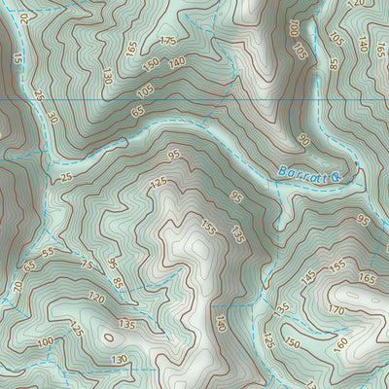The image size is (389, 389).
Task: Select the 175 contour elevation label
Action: tap(167, 41)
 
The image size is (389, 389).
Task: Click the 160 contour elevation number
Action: tap(341, 344)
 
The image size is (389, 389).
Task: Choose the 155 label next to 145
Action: tap(337, 265)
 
